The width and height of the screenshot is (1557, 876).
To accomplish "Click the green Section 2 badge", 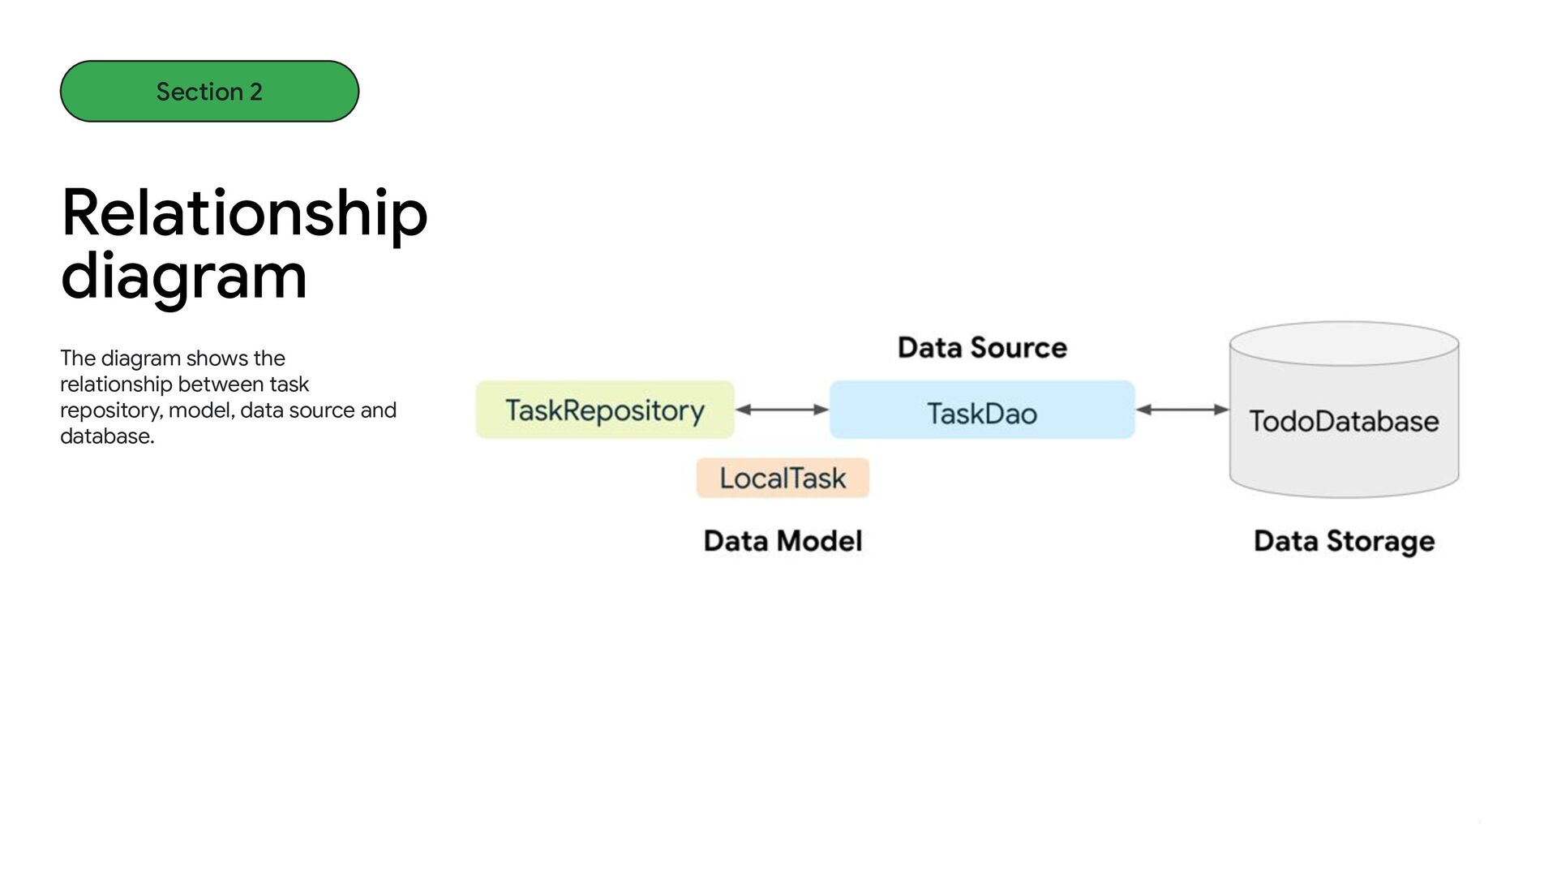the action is point(209,91).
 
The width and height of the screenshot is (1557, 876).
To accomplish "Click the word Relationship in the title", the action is point(244,214).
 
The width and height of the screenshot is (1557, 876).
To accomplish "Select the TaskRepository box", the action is point(605,410).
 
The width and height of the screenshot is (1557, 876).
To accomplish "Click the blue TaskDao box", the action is point(982,410).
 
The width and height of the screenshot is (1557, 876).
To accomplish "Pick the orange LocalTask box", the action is point(783,478).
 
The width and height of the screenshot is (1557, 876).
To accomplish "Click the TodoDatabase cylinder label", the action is point(1344,421).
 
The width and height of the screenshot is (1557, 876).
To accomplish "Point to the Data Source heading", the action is point(982,347).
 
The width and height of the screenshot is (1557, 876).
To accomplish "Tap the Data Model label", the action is point(783,541).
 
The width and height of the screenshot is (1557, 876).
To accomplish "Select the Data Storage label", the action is point(1344,541).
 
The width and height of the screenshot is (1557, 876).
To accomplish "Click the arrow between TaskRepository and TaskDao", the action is point(782,410).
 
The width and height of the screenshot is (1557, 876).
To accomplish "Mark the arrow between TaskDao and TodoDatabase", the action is point(1182,410).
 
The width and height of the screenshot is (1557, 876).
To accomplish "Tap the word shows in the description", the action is point(217,359).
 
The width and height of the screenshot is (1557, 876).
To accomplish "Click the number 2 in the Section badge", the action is point(256,92).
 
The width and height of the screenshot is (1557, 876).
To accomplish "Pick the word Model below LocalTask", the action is point(818,541).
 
